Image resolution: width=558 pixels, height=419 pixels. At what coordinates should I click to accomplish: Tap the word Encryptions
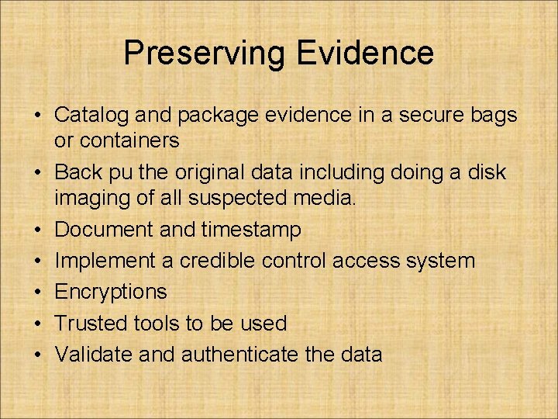click(x=111, y=293)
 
